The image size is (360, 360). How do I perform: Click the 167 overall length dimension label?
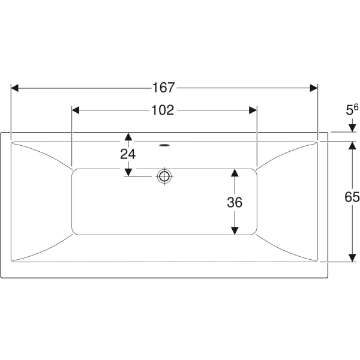[164, 88]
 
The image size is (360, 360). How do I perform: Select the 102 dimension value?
[163, 110]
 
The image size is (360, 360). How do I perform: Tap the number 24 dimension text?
[128, 154]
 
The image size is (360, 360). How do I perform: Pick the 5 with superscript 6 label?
[352, 110]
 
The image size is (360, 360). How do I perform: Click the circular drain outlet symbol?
[164, 176]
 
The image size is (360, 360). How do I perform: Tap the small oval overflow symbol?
[164, 145]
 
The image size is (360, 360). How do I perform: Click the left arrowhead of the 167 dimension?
[14, 88]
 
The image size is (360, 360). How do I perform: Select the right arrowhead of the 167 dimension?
[314, 88]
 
